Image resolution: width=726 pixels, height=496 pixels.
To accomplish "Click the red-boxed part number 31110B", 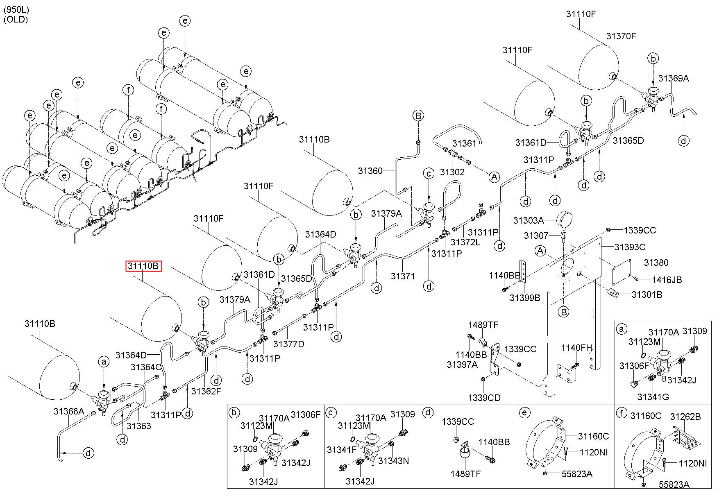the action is [143, 266].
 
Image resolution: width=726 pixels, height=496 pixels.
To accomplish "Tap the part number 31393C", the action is [630, 247].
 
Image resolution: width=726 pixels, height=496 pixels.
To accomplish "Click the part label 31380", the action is [656, 263].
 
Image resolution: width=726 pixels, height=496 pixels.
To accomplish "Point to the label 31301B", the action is [647, 294].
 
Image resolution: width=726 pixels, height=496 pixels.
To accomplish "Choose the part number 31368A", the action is [69, 411].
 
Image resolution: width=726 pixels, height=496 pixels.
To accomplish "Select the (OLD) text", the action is [16, 19].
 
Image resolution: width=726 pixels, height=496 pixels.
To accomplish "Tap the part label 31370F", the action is [621, 36].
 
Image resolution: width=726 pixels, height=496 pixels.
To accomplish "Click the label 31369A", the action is [674, 78].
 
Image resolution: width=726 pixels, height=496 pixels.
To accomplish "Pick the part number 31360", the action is [370, 171].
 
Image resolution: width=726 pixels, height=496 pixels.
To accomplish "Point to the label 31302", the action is [453, 172].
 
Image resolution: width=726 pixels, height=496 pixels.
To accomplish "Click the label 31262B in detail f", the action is [685, 417].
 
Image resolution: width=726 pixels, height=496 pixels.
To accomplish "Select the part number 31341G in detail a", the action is [653, 396].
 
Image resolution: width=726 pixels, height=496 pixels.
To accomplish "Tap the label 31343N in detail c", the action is [393, 461].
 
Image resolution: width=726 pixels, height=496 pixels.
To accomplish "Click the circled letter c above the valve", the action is [429, 174].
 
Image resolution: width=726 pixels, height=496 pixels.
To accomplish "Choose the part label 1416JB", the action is [667, 280].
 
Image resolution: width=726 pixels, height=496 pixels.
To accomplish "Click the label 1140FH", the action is [576, 348].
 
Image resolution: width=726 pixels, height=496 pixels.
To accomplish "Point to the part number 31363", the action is [138, 426].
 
